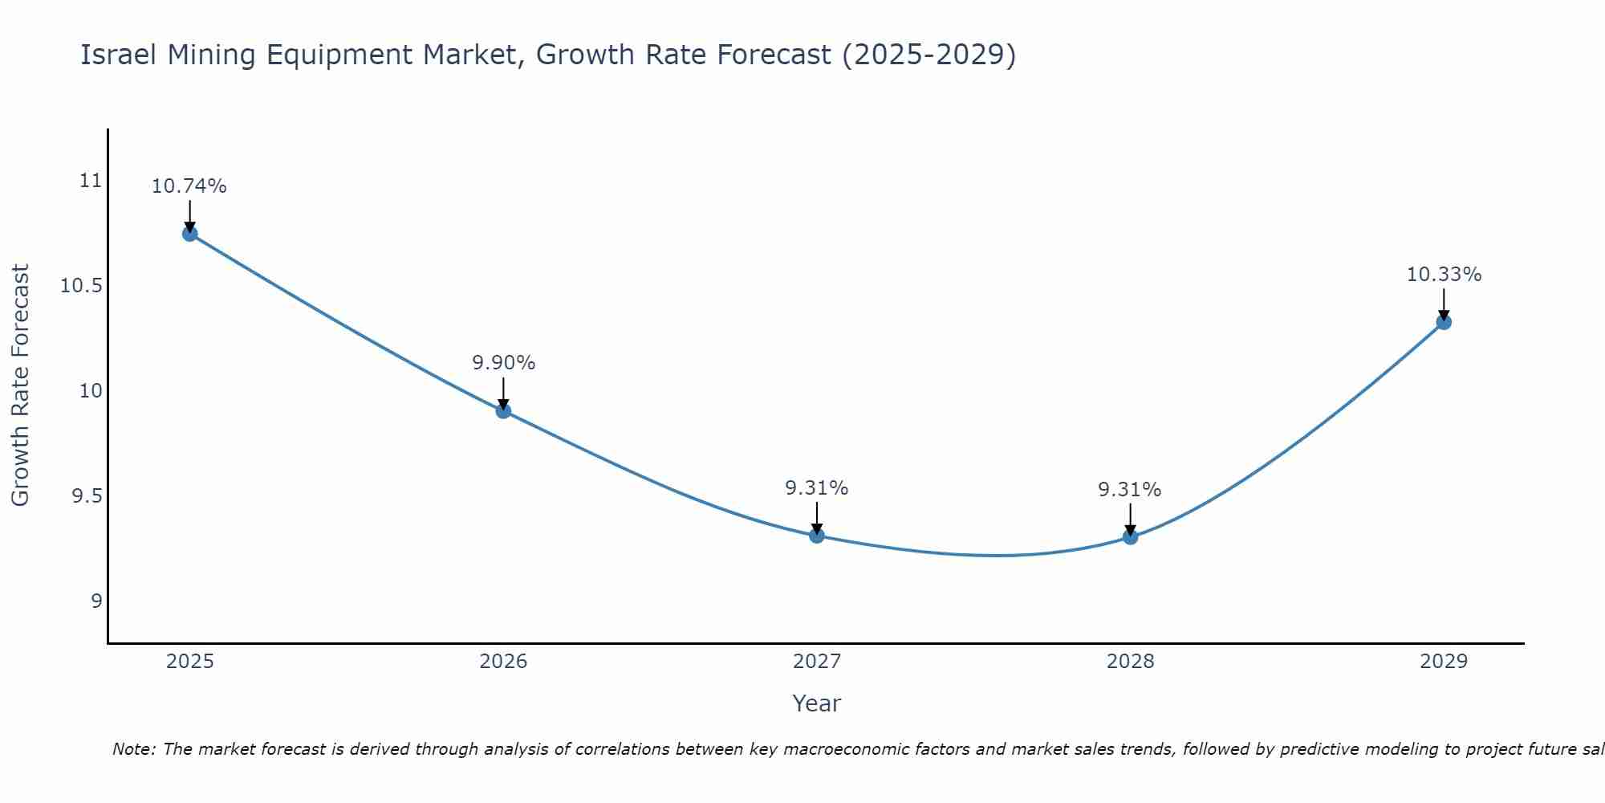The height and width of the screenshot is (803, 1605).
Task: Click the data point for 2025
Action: pyautogui.click(x=190, y=234)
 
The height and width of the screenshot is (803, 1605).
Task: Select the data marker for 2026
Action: pyautogui.click(x=503, y=411)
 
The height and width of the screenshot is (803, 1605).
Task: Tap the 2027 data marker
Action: pyautogui.click(x=817, y=536)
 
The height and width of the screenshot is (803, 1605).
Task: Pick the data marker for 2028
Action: pyautogui.click(x=1130, y=536)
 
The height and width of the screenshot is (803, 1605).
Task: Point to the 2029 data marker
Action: pyautogui.click(x=1444, y=322)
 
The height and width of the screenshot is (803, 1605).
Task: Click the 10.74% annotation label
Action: pyautogui.click(x=189, y=186)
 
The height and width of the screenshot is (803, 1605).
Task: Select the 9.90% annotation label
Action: pyautogui.click(x=503, y=363)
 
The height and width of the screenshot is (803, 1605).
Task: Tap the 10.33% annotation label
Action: pyautogui.click(x=1444, y=275)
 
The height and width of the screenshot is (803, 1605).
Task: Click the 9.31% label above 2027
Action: pyautogui.click(x=816, y=488)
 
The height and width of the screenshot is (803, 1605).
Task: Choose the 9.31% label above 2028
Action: pyautogui.click(x=1129, y=490)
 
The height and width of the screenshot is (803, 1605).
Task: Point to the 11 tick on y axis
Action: pyautogui.click(x=91, y=181)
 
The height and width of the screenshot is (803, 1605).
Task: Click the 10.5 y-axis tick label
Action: pyautogui.click(x=82, y=286)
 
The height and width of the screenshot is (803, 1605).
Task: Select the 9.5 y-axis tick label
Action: pyautogui.click(x=87, y=496)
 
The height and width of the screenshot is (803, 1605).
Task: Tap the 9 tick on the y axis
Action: pyautogui.click(x=96, y=601)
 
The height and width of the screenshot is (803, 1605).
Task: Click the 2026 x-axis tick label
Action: pyautogui.click(x=503, y=662)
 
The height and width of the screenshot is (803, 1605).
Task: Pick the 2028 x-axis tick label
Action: pyautogui.click(x=1130, y=662)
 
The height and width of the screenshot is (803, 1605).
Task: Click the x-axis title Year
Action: pyautogui.click(x=816, y=703)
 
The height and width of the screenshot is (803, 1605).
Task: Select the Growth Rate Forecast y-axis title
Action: pyautogui.click(x=21, y=385)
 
